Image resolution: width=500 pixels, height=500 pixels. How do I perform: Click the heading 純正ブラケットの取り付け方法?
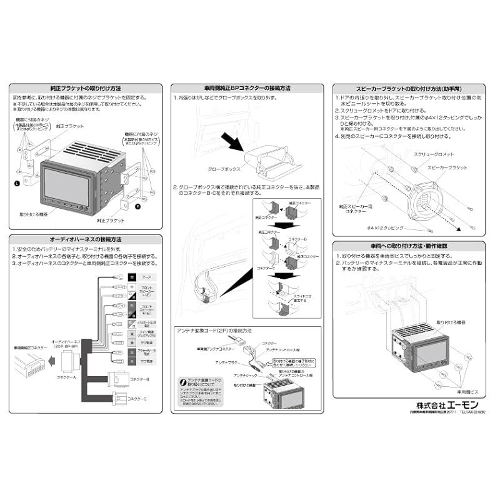click(85, 89)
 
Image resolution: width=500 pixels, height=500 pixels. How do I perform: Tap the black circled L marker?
click(17, 183)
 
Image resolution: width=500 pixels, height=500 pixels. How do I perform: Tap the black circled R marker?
click(138, 204)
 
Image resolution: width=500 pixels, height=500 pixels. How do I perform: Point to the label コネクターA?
click(66, 377)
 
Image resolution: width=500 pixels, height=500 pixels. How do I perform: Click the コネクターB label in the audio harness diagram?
click(138, 379)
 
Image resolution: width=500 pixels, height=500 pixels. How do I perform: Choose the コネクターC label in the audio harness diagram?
click(138, 399)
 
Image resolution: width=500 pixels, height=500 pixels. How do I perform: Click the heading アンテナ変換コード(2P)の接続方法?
click(216, 331)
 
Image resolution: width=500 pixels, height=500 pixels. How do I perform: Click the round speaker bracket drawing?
click(431, 200)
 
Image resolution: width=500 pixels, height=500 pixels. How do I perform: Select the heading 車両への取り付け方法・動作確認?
click(409, 246)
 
